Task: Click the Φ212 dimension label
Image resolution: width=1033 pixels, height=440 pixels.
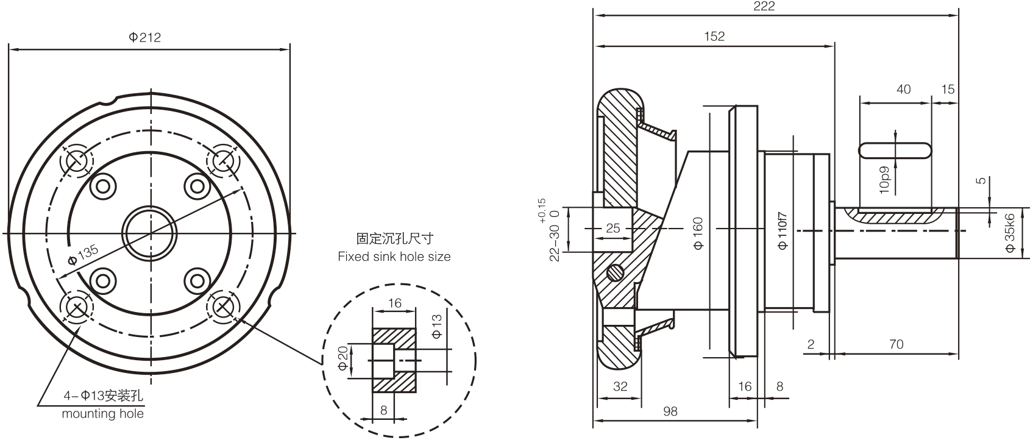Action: coord(145,37)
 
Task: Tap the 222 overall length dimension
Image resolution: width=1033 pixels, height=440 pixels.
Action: coord(764,6)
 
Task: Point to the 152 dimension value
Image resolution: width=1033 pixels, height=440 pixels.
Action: coord(714,36)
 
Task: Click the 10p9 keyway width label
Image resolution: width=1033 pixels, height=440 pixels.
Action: coord(885,181)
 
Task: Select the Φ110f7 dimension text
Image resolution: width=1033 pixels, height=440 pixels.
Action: coord(783,230)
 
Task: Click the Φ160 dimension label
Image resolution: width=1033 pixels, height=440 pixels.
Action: coord(698,233)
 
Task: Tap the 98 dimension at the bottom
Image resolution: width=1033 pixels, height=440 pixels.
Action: coord(670,411)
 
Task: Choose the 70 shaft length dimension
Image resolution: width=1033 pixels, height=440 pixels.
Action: coord(896,344)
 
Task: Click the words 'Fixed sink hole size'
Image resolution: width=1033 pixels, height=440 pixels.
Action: coord(394,257)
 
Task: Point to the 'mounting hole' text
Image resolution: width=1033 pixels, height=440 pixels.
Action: coord(103,414)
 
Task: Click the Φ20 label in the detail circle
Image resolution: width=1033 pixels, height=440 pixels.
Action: coord(343,358)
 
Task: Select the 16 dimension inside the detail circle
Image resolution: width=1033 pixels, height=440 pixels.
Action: coord(394,303)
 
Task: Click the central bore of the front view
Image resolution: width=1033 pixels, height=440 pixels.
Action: coord(150,233)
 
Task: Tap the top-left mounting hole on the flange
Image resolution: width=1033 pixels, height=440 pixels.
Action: coord(77,161)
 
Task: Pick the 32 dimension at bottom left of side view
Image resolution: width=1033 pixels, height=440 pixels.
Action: coord(620,386)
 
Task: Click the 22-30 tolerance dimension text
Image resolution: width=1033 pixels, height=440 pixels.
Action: coord(554,243)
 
